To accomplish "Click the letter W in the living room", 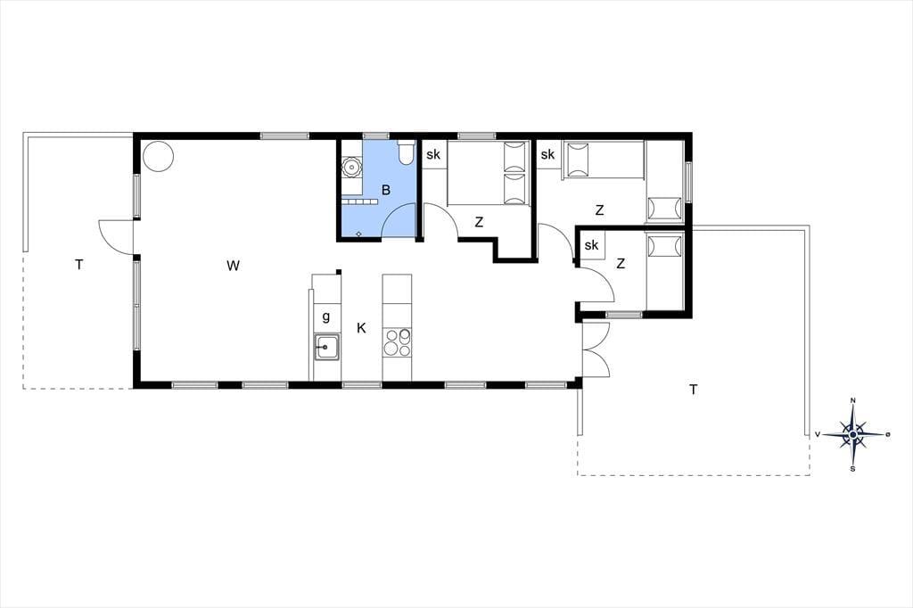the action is click(x=233, y=266).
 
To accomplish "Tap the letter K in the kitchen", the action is click(x=361, y=328).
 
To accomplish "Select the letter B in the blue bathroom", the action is click(x=385, y=190).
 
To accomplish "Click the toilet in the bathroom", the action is click(x=406, y=152).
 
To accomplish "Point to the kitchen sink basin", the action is click(x=326, y=348).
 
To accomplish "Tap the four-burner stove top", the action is click(x=397, y=342).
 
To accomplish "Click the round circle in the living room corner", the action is click(x=158, y=157).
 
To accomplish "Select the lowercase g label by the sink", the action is click(x=326, y=316).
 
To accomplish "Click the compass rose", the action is click(x=853, y=434).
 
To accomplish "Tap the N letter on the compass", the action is click(x=853, y=400).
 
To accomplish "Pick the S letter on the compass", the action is click(x=853, y=468).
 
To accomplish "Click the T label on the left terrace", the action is click(x=78, y=265).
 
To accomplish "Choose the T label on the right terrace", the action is click(x=693, y=390).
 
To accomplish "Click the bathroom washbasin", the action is click(x=351, y=167).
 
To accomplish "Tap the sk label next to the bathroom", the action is click(x=433, y=155).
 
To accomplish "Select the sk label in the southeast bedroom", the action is click(x=592, y=245).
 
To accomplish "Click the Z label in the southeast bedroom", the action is click(x=621, y=264).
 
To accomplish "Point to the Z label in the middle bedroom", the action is click(x=479, y=222).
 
